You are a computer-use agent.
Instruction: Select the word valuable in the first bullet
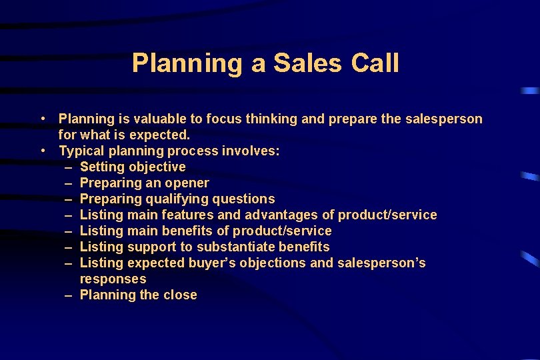pos(160,119)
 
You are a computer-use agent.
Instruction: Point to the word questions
pos(243,199)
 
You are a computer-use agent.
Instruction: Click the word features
pos(188,215)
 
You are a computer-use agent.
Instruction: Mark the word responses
pos(113,279)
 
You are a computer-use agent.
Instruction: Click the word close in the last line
pos(180,295)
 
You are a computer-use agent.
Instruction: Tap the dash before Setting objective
pos(69,167)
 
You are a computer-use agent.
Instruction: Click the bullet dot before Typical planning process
pos(42,151)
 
